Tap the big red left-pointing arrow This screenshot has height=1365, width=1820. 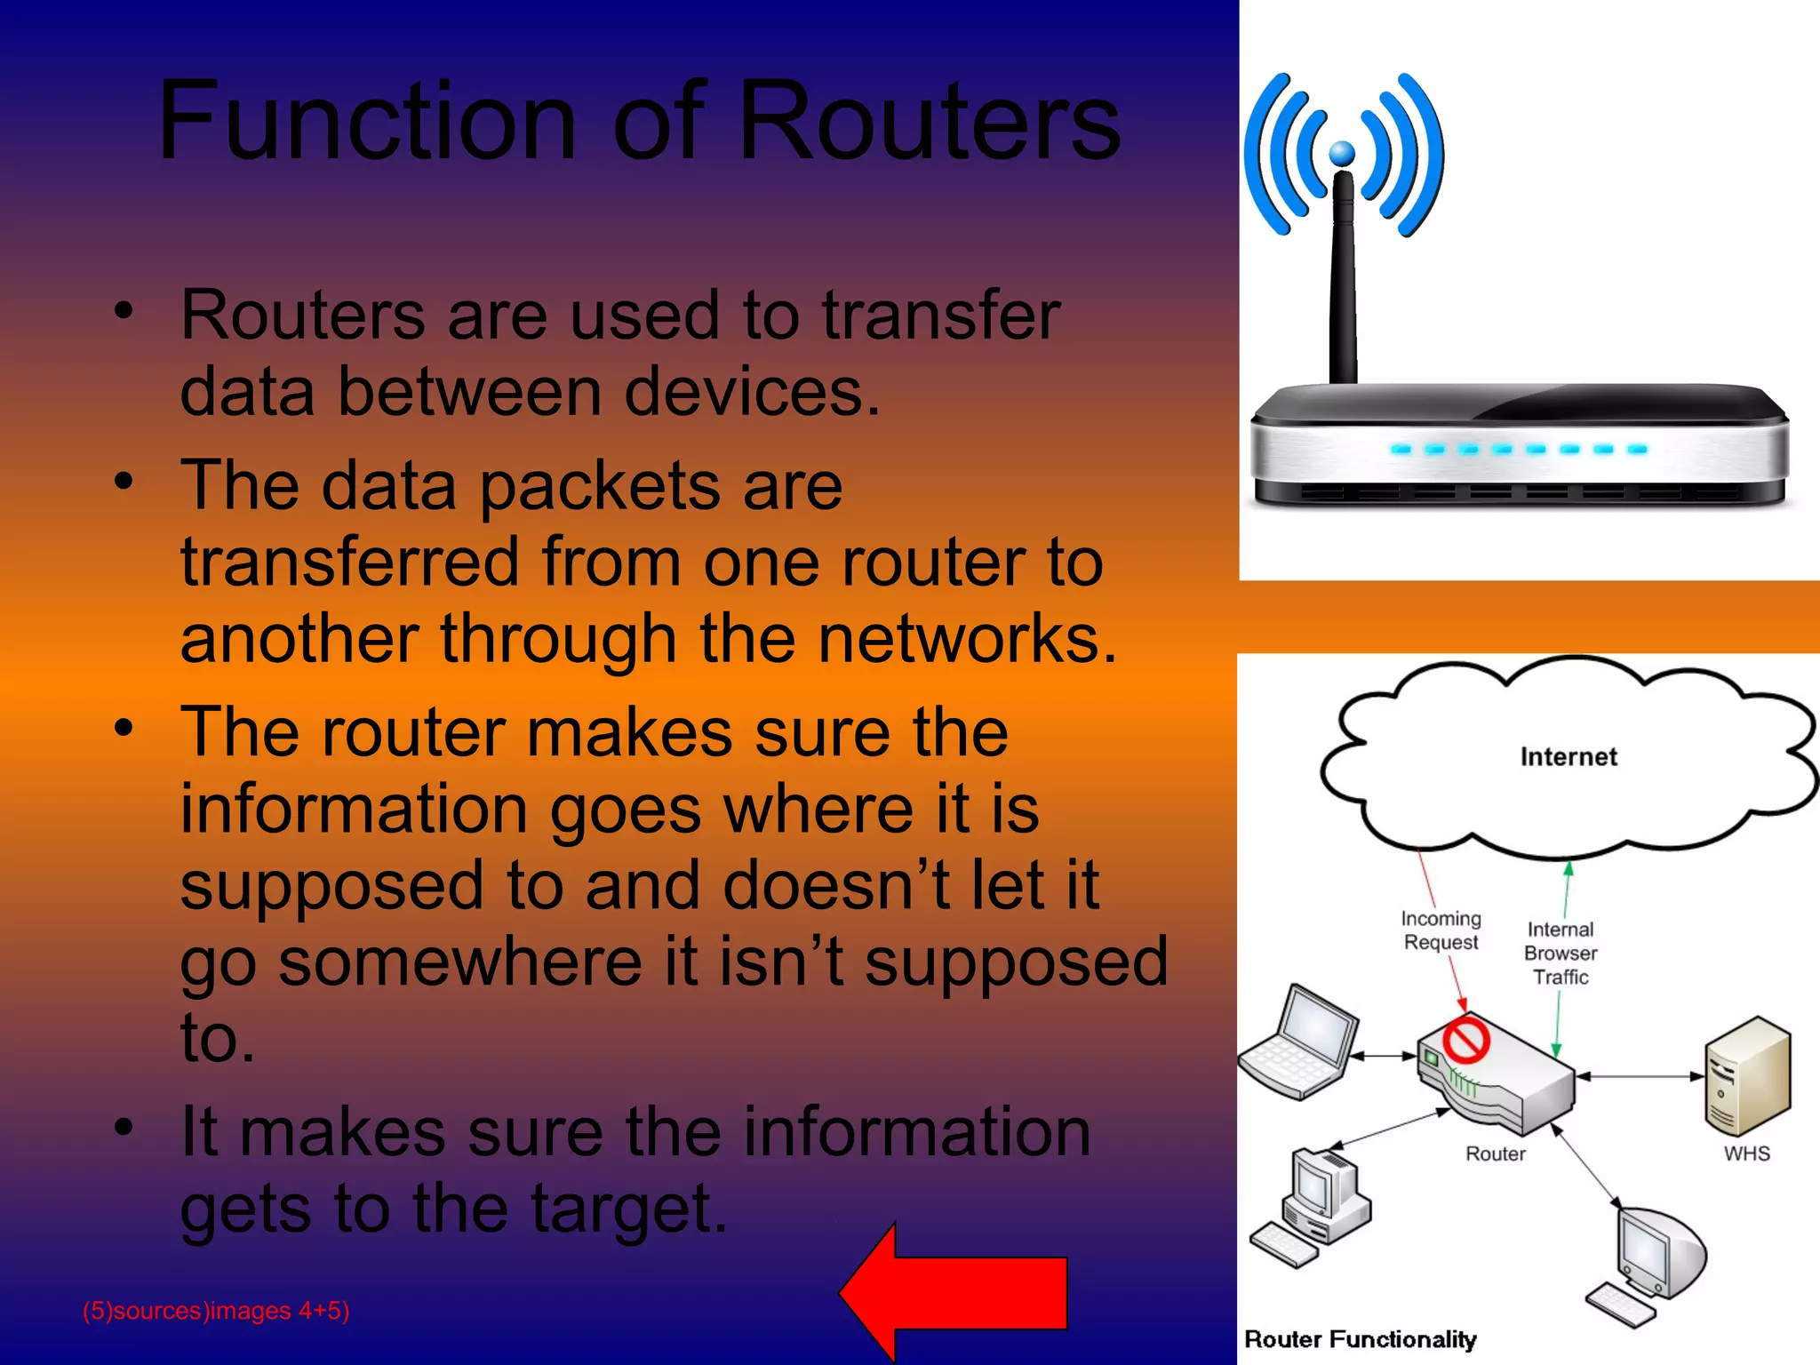tap(955, 1291)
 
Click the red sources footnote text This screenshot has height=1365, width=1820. tap(216, 1311)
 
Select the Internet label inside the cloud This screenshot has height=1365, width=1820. tap(1569, 757)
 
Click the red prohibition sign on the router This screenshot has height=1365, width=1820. tap(1465, 1040)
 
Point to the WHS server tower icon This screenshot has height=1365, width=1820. tap(1747, 1075)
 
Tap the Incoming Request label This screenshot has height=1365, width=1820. tap(1441, 930)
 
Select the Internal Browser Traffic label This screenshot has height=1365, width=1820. tap(1561, 953)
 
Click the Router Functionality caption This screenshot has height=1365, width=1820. tap(1360, 1339)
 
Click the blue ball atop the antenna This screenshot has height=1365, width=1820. tap(1342, 154)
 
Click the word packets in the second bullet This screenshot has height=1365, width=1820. tap(599, 486)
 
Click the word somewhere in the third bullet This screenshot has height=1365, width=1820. tap(459, 962)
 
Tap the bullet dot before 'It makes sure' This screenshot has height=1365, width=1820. tap(124, 1127)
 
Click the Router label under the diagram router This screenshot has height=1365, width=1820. tap(1495, 1153)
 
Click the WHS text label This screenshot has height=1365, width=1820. tap(1746, 1153)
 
